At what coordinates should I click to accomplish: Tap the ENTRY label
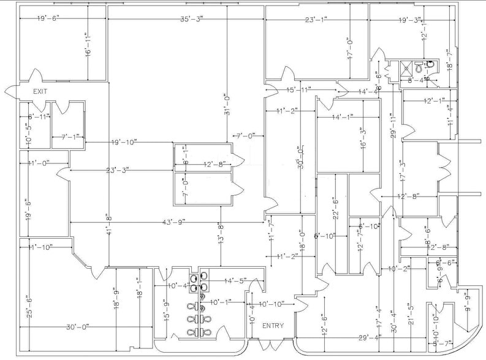point(273,326)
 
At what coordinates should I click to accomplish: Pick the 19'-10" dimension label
point(124,143)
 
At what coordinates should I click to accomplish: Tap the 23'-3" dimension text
point(118,171)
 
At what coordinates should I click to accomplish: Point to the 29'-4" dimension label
point(372,337)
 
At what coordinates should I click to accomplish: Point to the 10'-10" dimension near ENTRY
point(271,304)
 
